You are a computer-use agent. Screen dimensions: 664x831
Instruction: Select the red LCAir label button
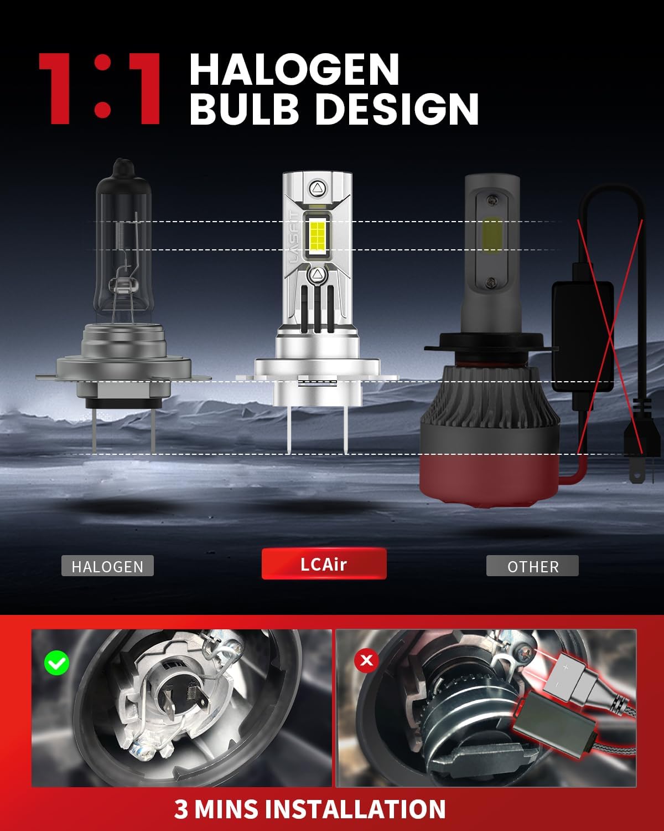tap(324, 564)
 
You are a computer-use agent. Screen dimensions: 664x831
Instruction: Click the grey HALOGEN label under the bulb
tap(107, 566)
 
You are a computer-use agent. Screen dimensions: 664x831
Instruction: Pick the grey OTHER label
tap(532, 566)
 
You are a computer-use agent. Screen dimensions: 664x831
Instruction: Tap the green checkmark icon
tap(56, 663)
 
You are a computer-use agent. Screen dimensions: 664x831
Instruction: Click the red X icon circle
tap(366, 661)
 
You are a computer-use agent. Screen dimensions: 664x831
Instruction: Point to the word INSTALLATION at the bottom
tap(357, 809)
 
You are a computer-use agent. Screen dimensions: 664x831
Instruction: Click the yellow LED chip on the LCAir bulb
tap(317, 235)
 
